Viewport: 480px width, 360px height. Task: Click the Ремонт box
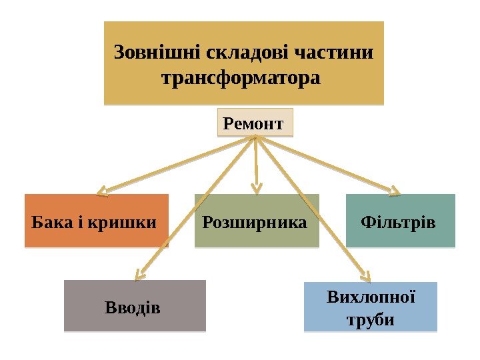coord(255,123)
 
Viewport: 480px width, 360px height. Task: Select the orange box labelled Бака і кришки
coord(96,221)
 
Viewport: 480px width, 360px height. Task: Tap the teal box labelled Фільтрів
coord(399,221)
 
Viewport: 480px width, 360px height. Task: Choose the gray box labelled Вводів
coord(134,307)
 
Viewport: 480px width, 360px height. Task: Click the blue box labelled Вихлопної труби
coord(370,307)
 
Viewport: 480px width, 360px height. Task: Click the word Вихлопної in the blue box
coord(371,295)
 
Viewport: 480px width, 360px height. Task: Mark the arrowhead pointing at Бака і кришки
coord(102,193)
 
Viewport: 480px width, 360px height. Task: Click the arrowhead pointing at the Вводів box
coord(139,274)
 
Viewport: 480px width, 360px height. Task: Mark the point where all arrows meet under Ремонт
coord(255,138)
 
